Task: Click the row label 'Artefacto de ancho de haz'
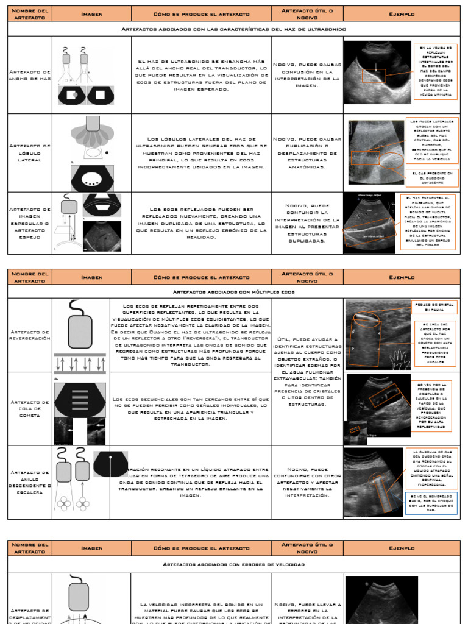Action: [x=30, y=75]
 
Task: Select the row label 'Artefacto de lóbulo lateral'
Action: [x=30, y=152]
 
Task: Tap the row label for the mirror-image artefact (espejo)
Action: [x=30, y=223]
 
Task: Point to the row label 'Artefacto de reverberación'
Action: [x=30, y=335]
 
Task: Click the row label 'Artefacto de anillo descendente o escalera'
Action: [x=30, y=482]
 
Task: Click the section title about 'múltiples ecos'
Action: [x=233, y=292]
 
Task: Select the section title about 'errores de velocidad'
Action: [x=233, y=565]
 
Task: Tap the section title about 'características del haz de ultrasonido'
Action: [x=233, y=29]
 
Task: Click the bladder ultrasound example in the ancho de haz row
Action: [x=378, y=72]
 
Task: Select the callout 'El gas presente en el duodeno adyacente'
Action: [x=431, y=178]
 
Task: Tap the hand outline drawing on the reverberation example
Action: [x=402, y=360]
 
